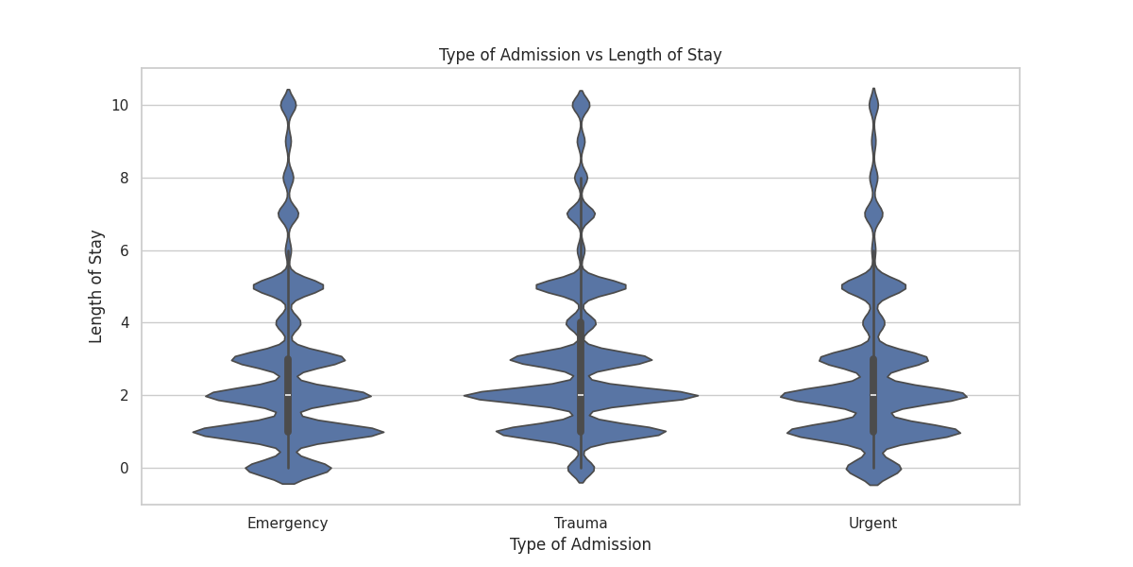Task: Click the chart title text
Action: click(580, 55)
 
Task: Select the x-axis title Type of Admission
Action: click(580, 544)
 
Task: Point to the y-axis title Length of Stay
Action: click(96, 286)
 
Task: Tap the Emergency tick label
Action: click(287, 524)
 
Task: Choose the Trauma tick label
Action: click(581, 524)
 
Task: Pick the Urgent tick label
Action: click(872, 524)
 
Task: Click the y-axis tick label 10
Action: click(119, 105)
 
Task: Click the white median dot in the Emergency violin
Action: click(288, 395)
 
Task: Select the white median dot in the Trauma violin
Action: click(581, 395)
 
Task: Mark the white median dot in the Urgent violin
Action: click(873, 395)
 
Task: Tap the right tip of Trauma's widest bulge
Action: click(697, 396)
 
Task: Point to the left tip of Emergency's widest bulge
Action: click(194, 433)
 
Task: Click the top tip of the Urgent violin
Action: click(873, 89)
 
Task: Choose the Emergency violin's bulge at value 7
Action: click(288, 215)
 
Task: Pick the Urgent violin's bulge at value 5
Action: click(873, 284)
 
